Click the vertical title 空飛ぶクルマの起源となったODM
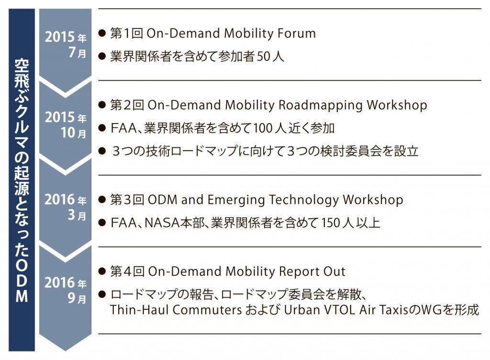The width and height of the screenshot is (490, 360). pyautogui.click(x=22, y=180)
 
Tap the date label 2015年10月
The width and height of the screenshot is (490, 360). pyautogui.click(x=66, y=125)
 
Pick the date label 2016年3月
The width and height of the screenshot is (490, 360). pyautogui.click(x=65, y=207)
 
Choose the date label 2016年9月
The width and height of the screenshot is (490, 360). pyautogui.click(x=65, y=290)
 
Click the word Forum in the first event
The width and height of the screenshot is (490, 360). pyautogui.click(x=297, y=33)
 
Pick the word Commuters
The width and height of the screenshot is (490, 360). pyautogui.click(x=207, y=310)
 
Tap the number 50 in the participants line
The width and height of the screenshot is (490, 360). pyautogui.click(x=264, y=56)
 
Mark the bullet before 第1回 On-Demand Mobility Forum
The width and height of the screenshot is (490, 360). pyautogui.click(x=102, y=33)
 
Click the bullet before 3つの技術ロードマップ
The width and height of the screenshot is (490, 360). pyautogui.click(x=102, y=151)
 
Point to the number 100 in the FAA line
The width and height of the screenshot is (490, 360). pyautogui.click(x=263, y=128)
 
